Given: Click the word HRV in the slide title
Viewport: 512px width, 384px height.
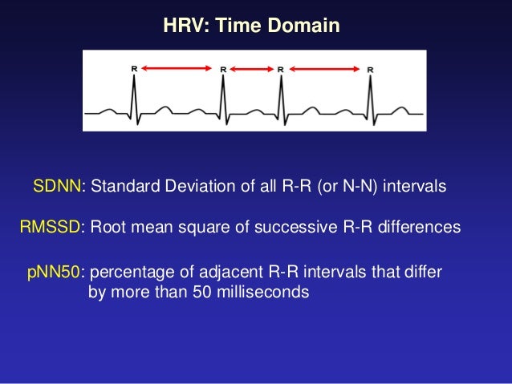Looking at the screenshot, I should point(183,26).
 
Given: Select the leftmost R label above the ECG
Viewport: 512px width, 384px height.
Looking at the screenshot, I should point(134,70).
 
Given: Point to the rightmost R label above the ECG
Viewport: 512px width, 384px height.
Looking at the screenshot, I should point(370,70).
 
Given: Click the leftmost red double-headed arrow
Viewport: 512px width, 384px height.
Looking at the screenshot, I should point(178,70).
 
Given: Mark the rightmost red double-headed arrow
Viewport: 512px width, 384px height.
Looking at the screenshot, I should point(325,70).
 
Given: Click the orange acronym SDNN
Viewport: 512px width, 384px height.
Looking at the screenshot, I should point(59,188).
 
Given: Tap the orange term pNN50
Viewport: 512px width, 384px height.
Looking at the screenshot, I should point(54,273).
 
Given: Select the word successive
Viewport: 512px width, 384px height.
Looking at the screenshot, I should point(294,228).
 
